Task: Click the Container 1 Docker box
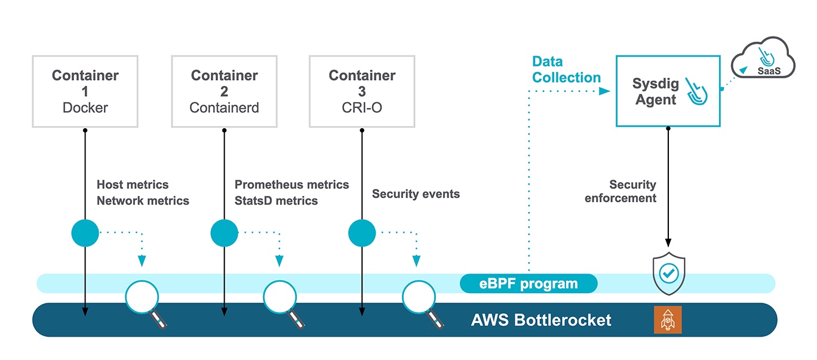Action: [85, 91]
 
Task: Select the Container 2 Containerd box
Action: [224, 91]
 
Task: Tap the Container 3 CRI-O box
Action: [362, 91]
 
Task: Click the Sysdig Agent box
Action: [667, 91]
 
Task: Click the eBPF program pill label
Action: [529, 284]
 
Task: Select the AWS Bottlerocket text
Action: [541, 320]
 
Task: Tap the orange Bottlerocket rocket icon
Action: [667, 320]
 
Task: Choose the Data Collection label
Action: [566, 70]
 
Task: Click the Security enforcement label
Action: [621, 192]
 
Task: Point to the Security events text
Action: [416, 194]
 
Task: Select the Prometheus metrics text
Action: [291, 185]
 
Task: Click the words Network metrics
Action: [143, 201]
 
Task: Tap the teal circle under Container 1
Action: [85, 233]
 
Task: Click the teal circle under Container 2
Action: [225, 233]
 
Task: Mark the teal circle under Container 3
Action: [362, 233]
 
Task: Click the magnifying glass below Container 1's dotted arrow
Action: [142, 297]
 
